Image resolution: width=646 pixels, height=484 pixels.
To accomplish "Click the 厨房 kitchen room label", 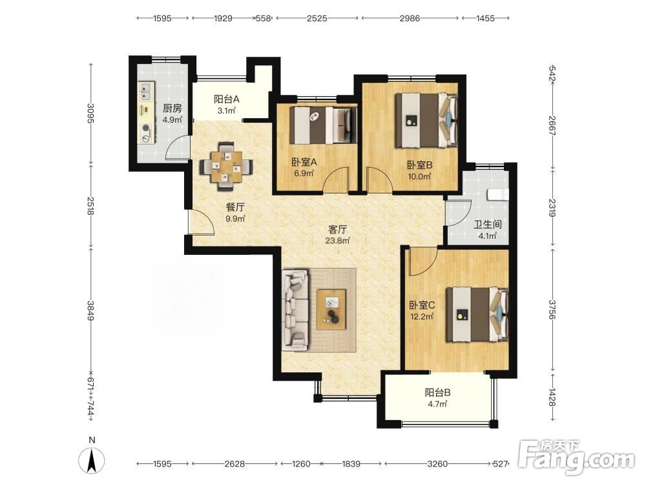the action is pos(172,108).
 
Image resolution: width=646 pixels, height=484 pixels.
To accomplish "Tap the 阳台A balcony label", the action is pos(226,99).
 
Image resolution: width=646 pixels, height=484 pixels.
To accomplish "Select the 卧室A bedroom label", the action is pos(304,162).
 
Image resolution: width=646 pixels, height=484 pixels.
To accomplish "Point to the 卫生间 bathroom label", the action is pos(487,225).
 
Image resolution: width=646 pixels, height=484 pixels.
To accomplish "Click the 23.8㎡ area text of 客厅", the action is pos(337,240).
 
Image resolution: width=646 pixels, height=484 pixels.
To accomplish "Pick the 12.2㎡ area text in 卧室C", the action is pos(422,316).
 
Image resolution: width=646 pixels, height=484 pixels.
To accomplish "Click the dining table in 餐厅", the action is pos(226,166).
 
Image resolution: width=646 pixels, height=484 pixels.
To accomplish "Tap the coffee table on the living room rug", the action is pos(331,310).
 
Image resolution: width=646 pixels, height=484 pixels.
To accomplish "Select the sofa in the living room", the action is pos(295,310).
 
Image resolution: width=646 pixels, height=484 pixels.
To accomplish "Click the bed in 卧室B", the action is pos(426,120).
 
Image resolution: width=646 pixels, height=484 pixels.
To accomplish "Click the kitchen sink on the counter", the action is pos(146,92).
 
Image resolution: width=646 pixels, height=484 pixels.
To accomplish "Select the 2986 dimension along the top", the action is pos(410,18).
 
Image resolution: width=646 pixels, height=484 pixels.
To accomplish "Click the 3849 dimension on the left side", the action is pos(90,311).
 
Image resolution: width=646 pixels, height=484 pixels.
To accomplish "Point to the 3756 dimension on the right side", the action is pos(552,309).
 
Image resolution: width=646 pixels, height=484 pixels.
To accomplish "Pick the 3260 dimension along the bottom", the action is pos(437,464).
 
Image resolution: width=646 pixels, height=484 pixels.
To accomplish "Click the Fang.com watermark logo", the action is pos(576,457).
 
